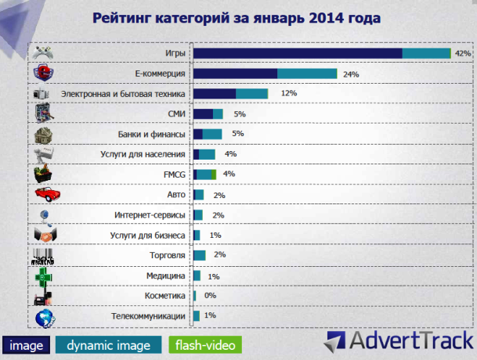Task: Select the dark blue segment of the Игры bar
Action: tap(298, 53)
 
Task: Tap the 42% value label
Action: tap(462, 53)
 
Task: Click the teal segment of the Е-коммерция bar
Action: tap(307, 74)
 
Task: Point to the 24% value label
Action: tap(350, 74)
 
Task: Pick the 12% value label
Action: tap(288, 94)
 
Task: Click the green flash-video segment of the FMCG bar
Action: tap(213, 174)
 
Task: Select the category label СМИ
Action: tap(176, 114)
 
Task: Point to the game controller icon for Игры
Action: tap(44, 53)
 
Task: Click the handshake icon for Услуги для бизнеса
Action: tap(45, 234)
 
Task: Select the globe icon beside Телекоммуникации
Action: tap(45, 316)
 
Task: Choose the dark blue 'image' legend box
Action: tap(27, 344)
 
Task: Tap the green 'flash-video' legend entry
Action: tap(205, 344)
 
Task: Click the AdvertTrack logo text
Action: tap(410, 341)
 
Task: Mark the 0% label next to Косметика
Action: tap(210, 296)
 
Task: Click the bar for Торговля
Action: tap(199, 254)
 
